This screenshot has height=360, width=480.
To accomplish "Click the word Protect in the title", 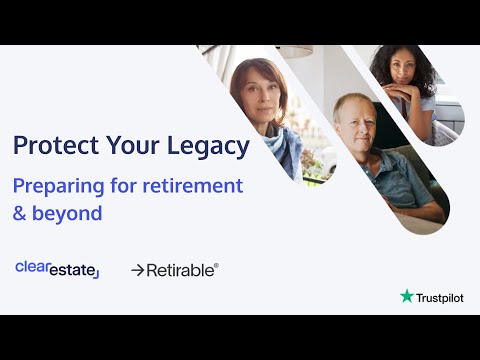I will point(51,146).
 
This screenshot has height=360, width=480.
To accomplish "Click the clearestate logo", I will point(57,268).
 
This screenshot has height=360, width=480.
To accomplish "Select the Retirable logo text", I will point(180,270).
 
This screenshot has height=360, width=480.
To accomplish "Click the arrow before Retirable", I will point(137,271).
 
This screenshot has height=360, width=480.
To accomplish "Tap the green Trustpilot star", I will point(407,296).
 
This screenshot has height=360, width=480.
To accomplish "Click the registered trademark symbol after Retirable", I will point(216,265).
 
